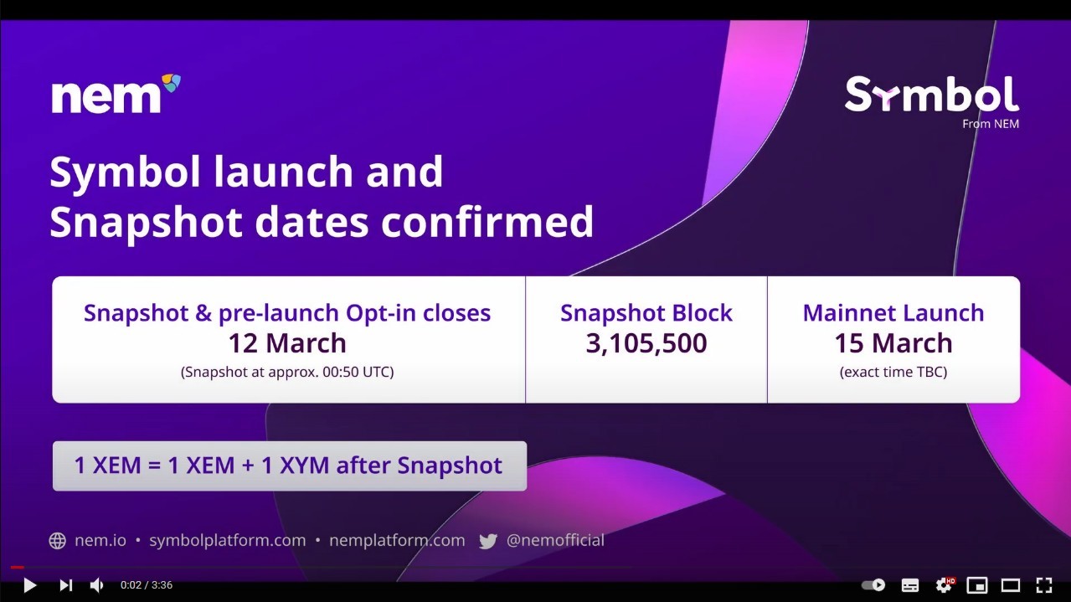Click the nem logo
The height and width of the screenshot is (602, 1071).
tap(116, 94)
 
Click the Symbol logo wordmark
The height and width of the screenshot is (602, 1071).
tap(932, 95)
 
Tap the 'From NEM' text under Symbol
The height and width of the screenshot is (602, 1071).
tap(991, 124)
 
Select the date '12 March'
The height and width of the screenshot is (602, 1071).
tap(287, 342)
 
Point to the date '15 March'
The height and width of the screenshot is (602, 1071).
tap(893, 342)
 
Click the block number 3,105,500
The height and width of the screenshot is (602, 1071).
tap(646, 343)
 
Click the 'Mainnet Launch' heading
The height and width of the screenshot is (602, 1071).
tap(893, 312)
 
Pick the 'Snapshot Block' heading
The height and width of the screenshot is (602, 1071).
tap(646, 313)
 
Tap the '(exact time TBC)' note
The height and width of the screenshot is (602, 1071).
tap(893, 372)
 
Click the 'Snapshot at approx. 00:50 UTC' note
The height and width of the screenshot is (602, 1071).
tap(287, 372)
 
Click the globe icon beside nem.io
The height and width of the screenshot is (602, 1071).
tap(58, 541)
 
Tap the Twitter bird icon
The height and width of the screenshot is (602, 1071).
tap(488, 541)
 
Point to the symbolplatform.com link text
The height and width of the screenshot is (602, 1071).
tap(228, 540)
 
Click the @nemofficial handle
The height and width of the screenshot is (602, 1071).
tap(555, 540)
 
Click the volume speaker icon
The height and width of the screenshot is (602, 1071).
tap(96, 584)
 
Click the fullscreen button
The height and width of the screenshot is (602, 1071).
tap(1043, 584)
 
